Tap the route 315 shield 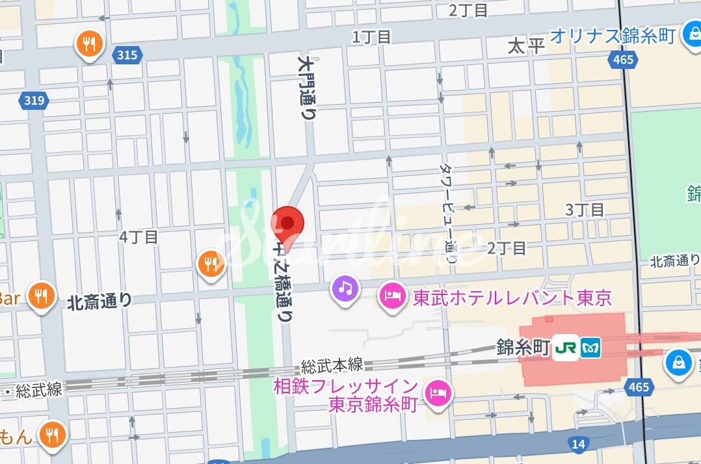pos(127,55)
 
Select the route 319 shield pos(33,100)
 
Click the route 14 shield pos(577,444)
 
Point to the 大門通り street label pos(307,88)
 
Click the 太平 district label pos(525,46)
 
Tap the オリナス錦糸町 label pos(612,36)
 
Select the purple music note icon pos(345,288)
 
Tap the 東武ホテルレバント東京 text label pos(512,298)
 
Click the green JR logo pos(566,348)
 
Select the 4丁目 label pos(139,237)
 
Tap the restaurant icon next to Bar pos(42,296)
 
